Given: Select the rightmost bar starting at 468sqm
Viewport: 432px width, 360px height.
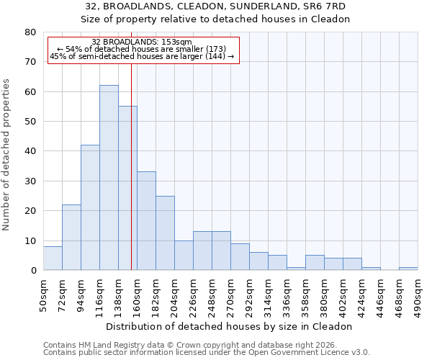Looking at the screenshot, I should click(x=408, y=269).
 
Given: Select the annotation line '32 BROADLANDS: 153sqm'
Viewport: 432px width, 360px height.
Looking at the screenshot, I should click(x=142, y=42).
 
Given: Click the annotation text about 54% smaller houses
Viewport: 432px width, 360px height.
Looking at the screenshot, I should click(x=142, y=49).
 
